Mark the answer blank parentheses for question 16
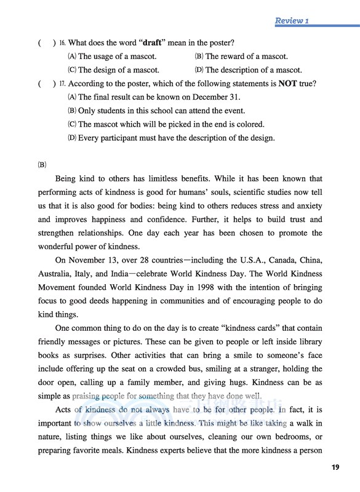pyautogui.click(x=47, y=43)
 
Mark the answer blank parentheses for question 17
pyautogui.click(x=47, y=84)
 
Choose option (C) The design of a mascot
pyautogui.click(x=113, y=70)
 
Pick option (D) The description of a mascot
pyautogui.click(x=248, y=70)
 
